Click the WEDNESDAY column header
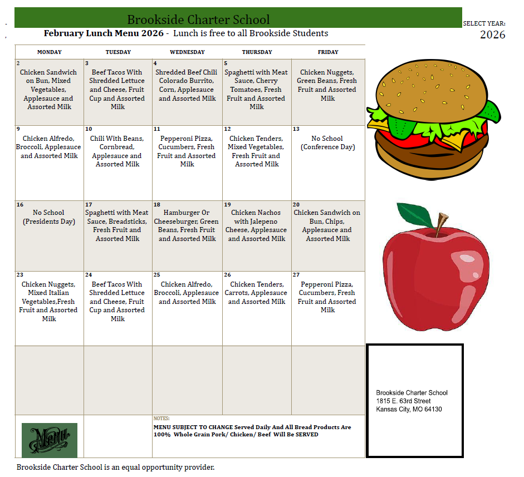click(x=187, y=52)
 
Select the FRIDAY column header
click(x=328, y=52)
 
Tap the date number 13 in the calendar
click(x=296, y=129)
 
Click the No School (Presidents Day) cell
click(x=49, y=217)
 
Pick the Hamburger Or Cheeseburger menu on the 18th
click(x=187, y=225)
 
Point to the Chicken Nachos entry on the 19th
click(x=257, y=225)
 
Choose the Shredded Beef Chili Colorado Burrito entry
click(x=187, y=85)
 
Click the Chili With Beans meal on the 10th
click(x=117, y=151)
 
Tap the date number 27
click(x=297, y=275)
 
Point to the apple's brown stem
click(x=441, y=224)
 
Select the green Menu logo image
click(x=50, y=440)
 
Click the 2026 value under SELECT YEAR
click(x=492, y=35)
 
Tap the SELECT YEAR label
click(x=484, y=24)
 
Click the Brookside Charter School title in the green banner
click(x=198, y=20)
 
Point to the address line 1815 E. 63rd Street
click(x=403, y=401)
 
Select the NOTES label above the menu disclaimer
click(x=161, y=419)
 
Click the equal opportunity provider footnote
click(x=115, y=468)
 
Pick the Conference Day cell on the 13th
click(x=327, y=143)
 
